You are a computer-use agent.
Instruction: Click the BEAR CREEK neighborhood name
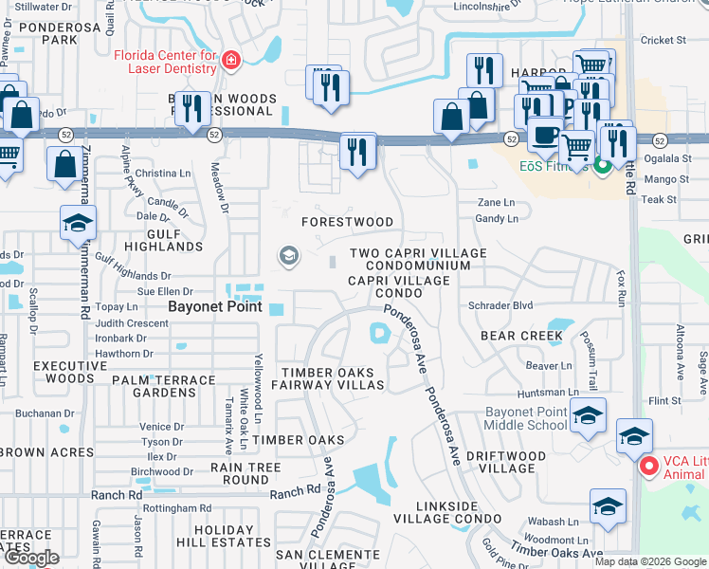point(521,336)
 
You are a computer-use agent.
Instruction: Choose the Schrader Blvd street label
point(500,306)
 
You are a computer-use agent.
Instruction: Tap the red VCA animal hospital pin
point(648,467)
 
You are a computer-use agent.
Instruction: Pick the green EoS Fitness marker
point(601,168)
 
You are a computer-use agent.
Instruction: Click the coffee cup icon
point(544,134)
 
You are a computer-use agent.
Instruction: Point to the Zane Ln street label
point(496,203)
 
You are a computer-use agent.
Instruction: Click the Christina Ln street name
point(162,174)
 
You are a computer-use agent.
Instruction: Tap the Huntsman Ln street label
point(547,393)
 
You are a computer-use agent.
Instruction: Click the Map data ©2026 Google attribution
point(650,561)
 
